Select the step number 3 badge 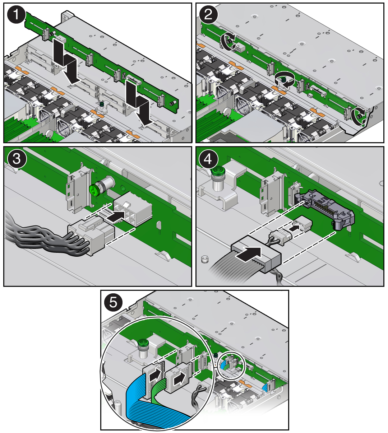click(x=17, y=159)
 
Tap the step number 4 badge click(x=208, y=159)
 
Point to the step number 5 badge click(x=114, y=302)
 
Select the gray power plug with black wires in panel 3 click(x=91, y=237)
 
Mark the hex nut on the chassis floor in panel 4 click(x=205, y=259)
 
